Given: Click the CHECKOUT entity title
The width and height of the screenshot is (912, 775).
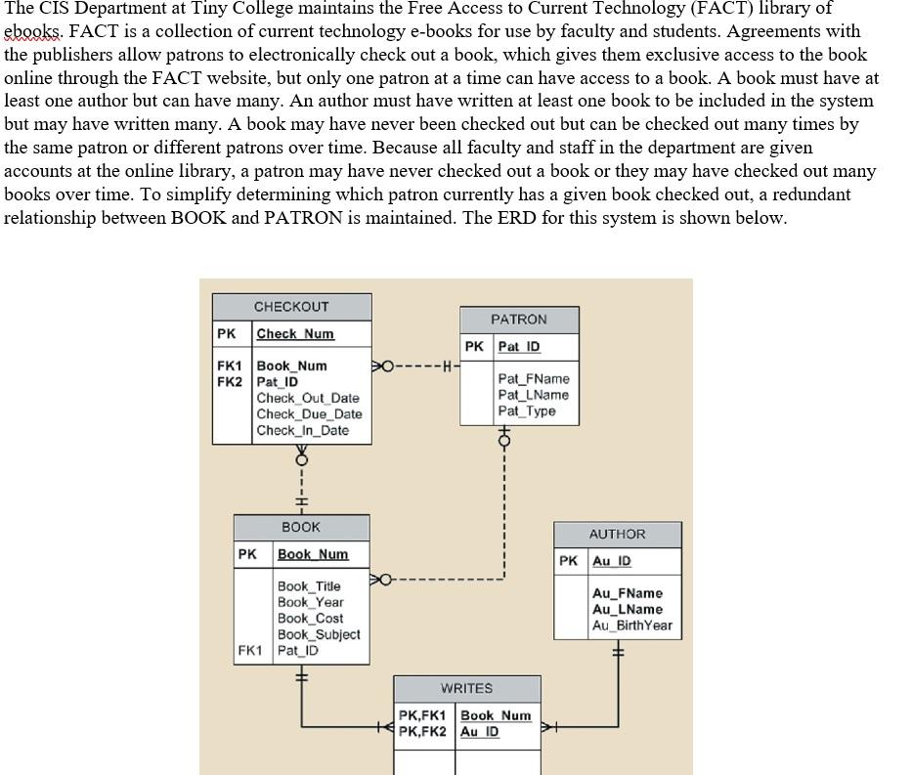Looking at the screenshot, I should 291,307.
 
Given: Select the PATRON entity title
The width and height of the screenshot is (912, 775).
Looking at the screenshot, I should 519,320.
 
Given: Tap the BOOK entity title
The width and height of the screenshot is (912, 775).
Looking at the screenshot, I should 301,527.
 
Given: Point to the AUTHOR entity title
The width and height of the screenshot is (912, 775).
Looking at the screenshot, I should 617,535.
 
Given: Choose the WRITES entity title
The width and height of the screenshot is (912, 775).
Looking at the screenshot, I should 466,689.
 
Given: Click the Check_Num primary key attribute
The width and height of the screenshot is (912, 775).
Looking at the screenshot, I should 295,334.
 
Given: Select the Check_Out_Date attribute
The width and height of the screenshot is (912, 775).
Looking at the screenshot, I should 308,398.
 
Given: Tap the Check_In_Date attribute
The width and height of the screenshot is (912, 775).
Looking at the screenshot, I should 302,430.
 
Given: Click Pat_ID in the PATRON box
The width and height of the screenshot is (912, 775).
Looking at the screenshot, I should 518,347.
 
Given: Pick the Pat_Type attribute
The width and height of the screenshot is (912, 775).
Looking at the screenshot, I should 526,410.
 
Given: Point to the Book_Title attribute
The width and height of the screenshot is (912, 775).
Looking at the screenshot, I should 309,586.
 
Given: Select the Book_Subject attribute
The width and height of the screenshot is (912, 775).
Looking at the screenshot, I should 319,634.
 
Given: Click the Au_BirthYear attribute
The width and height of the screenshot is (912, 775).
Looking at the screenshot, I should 631,625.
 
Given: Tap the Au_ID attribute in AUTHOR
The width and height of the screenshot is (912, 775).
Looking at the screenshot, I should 612,561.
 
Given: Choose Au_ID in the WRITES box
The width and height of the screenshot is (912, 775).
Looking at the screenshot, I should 479,732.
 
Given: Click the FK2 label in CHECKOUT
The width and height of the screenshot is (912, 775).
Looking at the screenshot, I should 229,382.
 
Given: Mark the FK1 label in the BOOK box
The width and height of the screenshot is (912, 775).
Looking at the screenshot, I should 251,650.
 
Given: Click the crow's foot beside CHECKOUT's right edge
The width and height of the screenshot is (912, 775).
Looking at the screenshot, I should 379,366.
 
